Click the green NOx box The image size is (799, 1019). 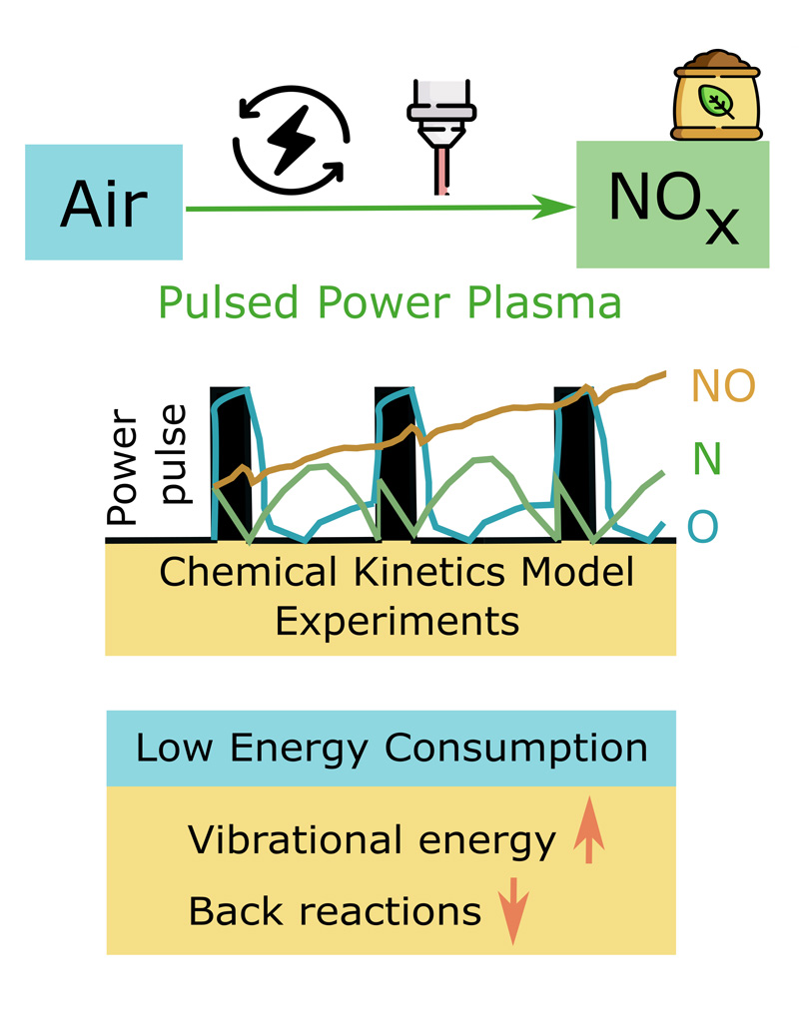coord(672,205)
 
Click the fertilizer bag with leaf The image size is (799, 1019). coord(717,100)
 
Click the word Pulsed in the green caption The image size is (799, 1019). coord(220,301)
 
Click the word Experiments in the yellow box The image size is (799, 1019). coord(397,621)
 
